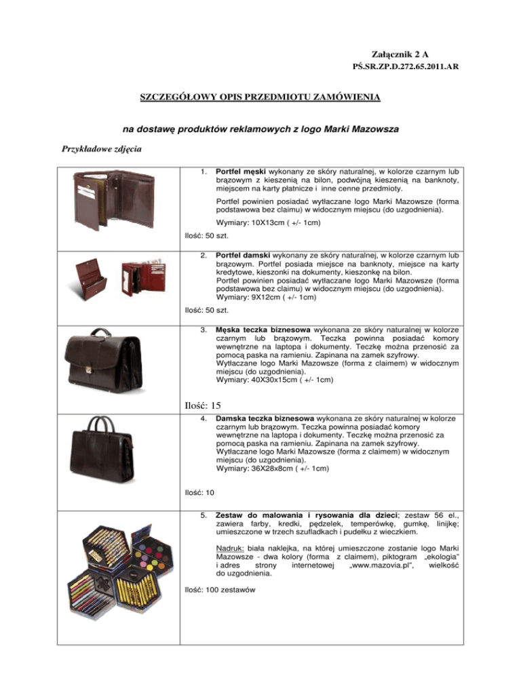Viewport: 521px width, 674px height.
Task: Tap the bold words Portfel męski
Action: tap(244, 167)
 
